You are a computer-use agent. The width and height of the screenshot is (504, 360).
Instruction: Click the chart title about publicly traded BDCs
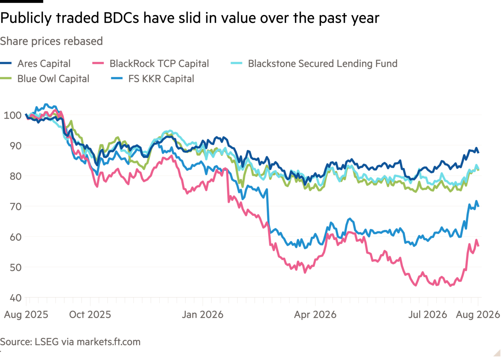coord(190,18)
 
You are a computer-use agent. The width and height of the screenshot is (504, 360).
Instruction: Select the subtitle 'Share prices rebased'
coord(51,41)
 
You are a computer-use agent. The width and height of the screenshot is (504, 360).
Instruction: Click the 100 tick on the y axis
coord(13,115)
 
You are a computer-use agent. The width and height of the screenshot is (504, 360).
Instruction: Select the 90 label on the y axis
coord(15,146)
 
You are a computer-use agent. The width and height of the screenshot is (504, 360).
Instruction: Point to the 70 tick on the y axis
coord(15,207)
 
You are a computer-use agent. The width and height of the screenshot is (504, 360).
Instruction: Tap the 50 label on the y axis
coord(15,267)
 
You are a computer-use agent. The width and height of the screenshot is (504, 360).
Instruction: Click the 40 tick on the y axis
coord(15,298)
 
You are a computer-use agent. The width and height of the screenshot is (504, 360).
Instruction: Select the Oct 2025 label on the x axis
coord(90,315)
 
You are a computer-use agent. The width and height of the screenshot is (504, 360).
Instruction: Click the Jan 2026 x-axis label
coord(202,315)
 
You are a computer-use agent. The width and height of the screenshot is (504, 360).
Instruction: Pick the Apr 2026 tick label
coord(315,315)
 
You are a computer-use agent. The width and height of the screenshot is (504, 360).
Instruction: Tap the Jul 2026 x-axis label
coord(428,315)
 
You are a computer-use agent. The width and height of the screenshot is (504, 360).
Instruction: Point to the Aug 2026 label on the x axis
coord(478,315)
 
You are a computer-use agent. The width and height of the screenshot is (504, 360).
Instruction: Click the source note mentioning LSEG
coord(70,342)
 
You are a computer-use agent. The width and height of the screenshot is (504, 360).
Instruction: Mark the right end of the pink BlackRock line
coord(478,246)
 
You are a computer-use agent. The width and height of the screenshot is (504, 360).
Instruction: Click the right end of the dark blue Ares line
coord(478,153)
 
